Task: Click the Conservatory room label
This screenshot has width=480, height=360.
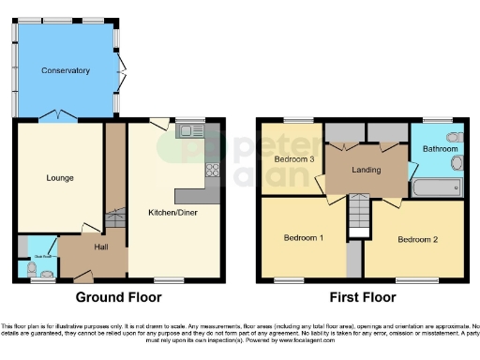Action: click(65, 70)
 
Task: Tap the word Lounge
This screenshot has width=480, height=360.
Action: click(60, 177)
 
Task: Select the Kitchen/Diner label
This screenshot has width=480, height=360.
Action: click(172, 213)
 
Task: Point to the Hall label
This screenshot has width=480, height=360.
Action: click(101, 247)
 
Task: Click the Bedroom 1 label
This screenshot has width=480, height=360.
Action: click(304, 237)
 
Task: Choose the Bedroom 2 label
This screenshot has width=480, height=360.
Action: click(416, 239)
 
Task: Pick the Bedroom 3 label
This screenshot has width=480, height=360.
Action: click(293, 158)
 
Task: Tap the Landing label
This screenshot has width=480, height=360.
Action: click(366, 169)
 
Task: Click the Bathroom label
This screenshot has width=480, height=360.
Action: click(439, 149)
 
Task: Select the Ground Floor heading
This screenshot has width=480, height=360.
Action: click(118, 297)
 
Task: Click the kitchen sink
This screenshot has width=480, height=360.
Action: click(192, 131)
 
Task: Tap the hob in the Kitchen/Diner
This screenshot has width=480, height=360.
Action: click(213, 171)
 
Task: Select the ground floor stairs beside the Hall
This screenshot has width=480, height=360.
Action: click(116, 216)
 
